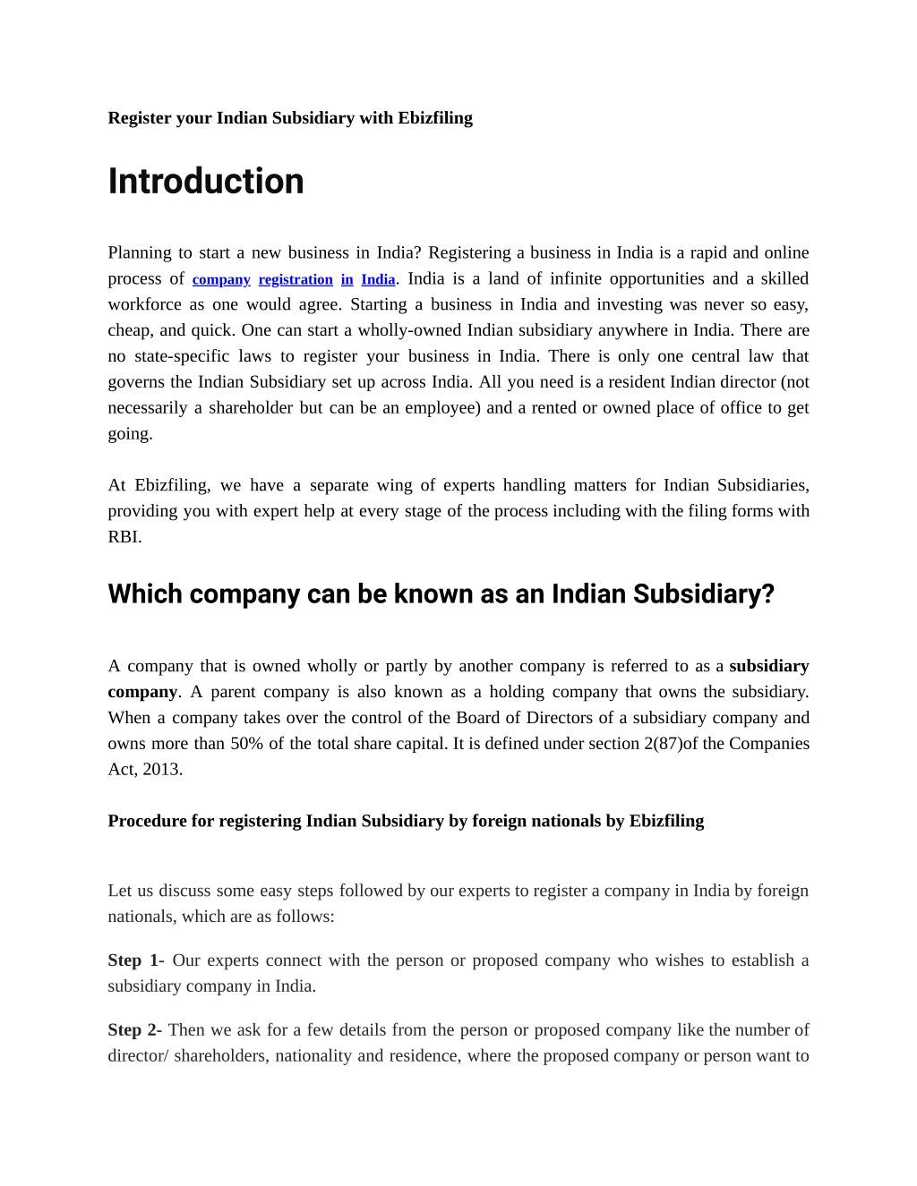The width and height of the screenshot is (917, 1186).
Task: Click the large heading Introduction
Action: coord(206,182)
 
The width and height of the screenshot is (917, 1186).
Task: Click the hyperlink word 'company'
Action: coord(221,279)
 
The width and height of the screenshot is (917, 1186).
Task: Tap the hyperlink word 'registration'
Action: coord(296,279)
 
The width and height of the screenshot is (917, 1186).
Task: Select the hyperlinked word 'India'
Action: coord(378,279)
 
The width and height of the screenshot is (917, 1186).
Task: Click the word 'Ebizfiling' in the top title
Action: coord(435,118)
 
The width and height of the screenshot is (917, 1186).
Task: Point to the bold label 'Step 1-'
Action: coord(135,960)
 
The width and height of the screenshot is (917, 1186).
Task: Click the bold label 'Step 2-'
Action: coord(134,1030)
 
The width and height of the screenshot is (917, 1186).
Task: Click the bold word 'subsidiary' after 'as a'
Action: coord(769,666)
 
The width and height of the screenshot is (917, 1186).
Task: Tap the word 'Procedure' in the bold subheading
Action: coord(148,822)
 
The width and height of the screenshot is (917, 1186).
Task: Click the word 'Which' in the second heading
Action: coord(145,594)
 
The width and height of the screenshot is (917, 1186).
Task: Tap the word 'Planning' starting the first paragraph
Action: coord(138,253)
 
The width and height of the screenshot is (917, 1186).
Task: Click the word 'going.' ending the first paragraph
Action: coord(131,434)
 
